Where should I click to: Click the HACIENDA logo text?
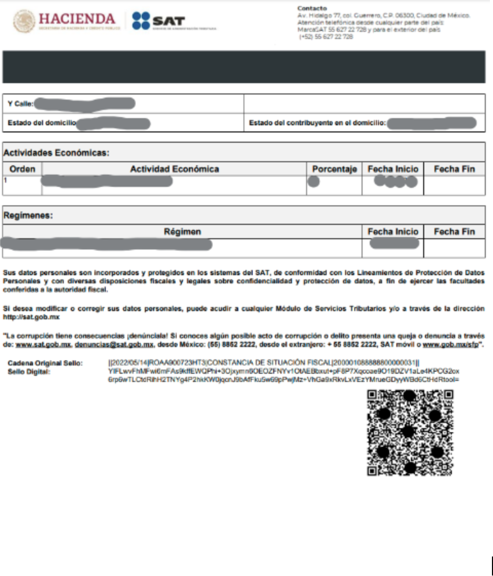pos(77,19)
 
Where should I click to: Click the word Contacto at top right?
pos(312,9)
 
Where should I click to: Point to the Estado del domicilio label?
pos(42,123)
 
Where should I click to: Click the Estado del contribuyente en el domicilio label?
pos(317,123)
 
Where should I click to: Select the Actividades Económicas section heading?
pos(56,152)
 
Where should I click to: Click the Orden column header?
pos(23,169)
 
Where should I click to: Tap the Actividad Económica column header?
pos(174,169)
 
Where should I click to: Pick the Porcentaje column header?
pos(334,169)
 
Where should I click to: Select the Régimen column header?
pos(182,232)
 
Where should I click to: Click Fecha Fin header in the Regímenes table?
pos(454,232)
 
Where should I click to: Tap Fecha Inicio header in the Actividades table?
pos(393,169)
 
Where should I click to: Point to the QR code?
pos(410,432)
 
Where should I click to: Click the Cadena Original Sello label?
pos(45,363)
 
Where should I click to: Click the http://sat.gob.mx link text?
pos(31,317)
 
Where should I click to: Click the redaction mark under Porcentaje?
pos(314,181)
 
